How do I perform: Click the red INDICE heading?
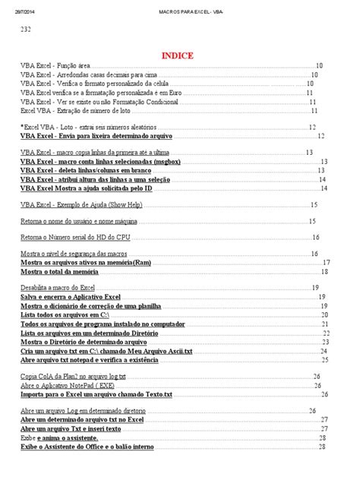(177, 55)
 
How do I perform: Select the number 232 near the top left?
(25, 30)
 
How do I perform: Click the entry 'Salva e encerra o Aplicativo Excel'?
(71, 297)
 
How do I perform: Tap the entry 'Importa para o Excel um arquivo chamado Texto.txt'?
(96, 395)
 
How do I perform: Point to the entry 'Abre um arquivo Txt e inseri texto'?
(71, 428)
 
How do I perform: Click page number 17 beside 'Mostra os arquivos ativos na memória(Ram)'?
(327, 263)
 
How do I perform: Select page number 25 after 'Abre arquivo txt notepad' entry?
(325, 360)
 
